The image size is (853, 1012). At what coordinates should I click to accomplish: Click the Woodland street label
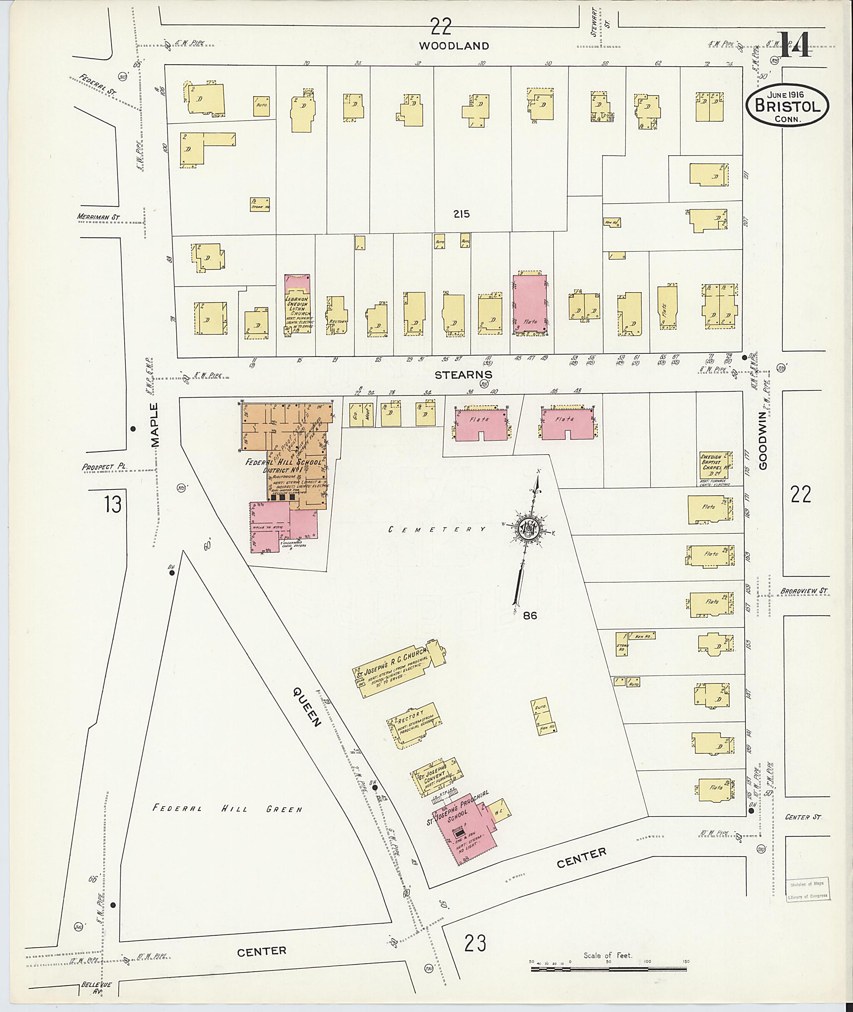click(x=454, y=46)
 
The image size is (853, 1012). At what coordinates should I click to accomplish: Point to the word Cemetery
click(x=436, y=530)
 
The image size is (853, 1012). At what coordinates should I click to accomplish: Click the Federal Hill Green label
click(x=227, y=808)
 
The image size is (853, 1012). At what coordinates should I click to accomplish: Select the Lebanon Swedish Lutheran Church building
click(x=298, y=305)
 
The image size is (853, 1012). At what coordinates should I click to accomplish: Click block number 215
click(x=461, y=213)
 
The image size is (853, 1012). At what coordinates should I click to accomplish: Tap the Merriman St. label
click(x=98, y=217)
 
